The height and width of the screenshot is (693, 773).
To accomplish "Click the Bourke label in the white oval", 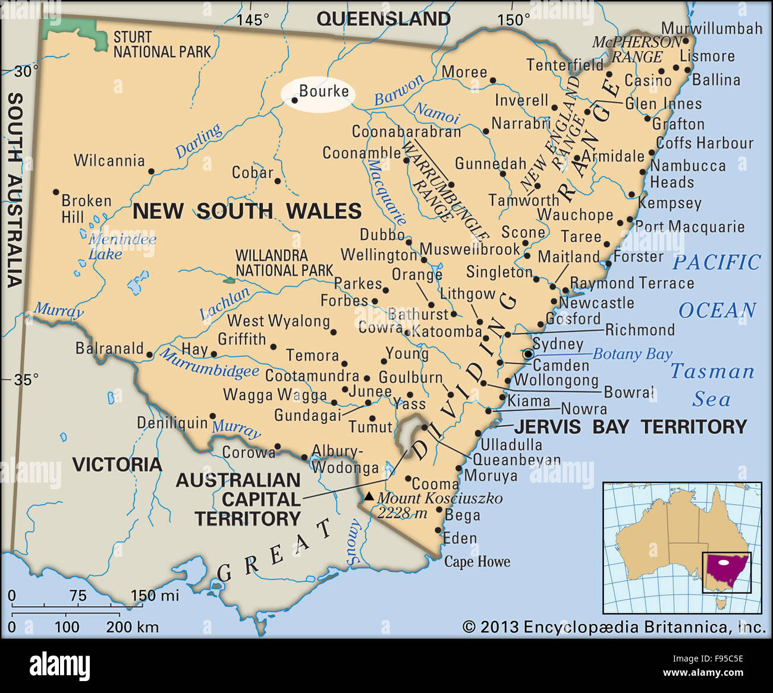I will [x=323, y=92].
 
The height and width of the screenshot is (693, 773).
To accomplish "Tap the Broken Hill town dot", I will [x=56, y=192].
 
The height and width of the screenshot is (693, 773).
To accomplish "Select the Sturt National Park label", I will [x=162, y=45].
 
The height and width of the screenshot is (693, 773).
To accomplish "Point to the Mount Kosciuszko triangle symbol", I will [x=369, y=496].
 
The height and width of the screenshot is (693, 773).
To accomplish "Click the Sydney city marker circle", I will [x=528, y=354].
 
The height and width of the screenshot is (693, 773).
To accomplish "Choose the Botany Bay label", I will [x=632, y=354].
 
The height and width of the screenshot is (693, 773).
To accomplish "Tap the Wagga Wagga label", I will [x=275, y=395].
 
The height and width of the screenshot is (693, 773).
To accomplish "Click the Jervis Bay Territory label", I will [x=630, y=427].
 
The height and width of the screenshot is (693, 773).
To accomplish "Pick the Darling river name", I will [x=199, y=141].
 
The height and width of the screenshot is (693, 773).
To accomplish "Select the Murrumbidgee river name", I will [x=209, y=364].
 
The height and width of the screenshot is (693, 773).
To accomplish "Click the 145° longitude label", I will [x=253, y=20].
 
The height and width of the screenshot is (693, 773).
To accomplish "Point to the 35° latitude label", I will [x=26, y=379].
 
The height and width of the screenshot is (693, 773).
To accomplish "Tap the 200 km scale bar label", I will [x=132, y=626].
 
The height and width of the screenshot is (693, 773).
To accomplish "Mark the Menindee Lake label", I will [x=122, y=247].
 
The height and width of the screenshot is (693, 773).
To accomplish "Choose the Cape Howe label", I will [x=477, y=562].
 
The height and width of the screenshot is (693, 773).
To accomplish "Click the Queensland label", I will [x=384, y=19].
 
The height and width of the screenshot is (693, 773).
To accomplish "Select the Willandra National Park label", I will [x=284, y=263].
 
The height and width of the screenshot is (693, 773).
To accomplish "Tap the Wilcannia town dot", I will [x=151, y=171].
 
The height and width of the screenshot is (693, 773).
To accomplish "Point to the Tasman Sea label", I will [x=712, y=385].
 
